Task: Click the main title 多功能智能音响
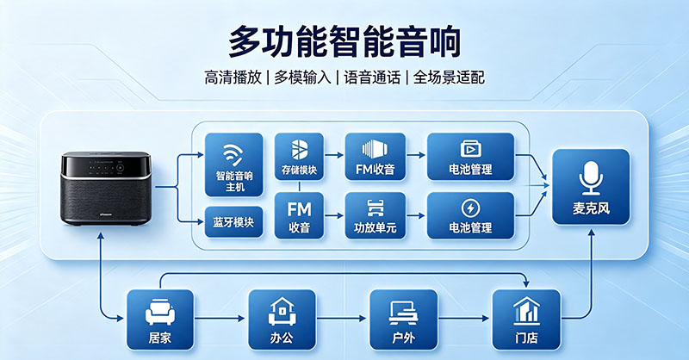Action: pyautogui.click(x=344, y=41)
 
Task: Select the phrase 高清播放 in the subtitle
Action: pyautogui.click(x=233, y=78)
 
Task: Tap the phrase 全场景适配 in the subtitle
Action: pyautogui.click(x=449, y=78)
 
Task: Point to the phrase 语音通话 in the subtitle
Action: pyautogui.click(x=372, y=78)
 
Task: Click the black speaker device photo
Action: pyautogui.click(x=106, y=189)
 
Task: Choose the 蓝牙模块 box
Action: pyautogui.click(x=233, y=222)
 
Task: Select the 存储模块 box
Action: pyautogui.click(x=299, y=157)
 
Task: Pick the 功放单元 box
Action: pyautogui.click(x=375, y=216)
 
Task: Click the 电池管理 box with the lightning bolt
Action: pyautogui.click(x=470, y=216)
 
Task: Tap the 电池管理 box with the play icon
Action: pyautogui.click(x=470, y=157)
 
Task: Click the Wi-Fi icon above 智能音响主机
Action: pyautogui.click(x=233, y=154)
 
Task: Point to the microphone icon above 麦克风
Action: pyautogui.click(x=591, y=177)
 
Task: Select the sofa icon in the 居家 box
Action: pyautogui.click(x=160, y=312)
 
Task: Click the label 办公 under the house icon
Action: pyautogui.click(x=282, y=338)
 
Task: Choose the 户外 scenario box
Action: pyautogui.click(x=403, y=320)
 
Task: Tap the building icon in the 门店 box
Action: pyautogui.click(x=526, y=311)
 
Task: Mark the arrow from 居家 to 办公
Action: pyautogui.click(x=220, y=319)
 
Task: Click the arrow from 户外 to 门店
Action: pyautogui.click(x=464, y=319)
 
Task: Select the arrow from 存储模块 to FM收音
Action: pyautogui.click(x=333, y=155)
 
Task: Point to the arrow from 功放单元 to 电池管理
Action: pyautogui.click(x=416, y=216)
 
